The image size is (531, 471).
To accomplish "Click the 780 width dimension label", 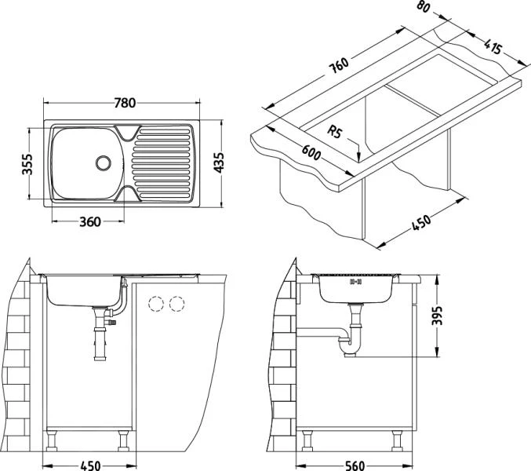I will [x=125, y=103].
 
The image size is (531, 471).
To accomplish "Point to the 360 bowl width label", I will [x=91, y=221].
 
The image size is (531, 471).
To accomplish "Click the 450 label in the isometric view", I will [x=422, y=225].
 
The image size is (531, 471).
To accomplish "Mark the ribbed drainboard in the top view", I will [x=161, y=163].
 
